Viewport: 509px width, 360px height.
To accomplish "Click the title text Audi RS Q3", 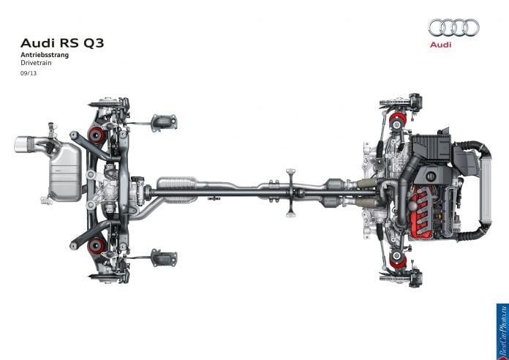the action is [x=62, y=43].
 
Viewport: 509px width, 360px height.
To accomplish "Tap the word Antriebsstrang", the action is [x=45, y=55].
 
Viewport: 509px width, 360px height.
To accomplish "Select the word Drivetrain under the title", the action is [x=36, y=63].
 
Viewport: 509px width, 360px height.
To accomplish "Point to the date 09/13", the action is [x=29, y=73].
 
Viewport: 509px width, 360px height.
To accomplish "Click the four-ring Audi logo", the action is [x=453, y=27].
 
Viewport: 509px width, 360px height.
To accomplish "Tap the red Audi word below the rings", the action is [x=440, y=45].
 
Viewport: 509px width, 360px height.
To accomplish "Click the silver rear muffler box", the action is [x=66, y=172].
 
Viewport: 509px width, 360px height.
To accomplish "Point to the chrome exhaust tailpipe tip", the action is [x=23, y=145].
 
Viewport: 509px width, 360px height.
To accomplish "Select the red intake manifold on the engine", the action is [x=423, y=211].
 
